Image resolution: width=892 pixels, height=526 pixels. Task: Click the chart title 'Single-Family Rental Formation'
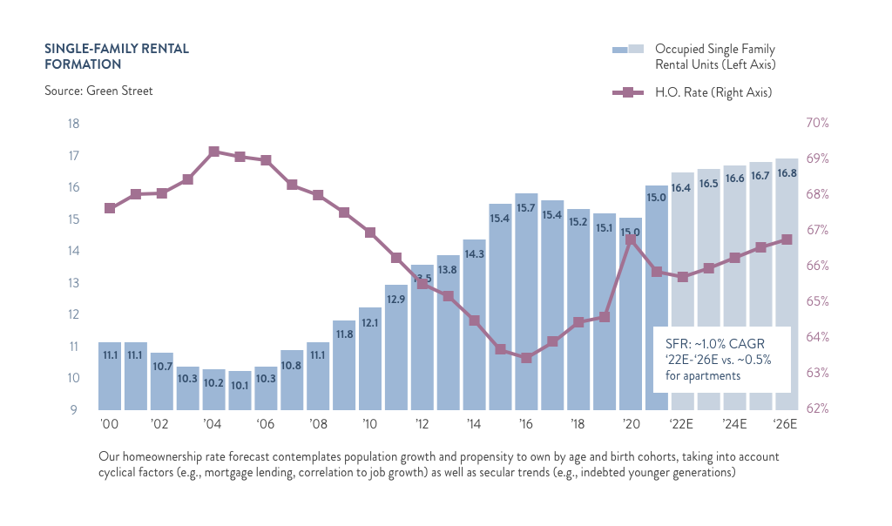click(x=116, y=56)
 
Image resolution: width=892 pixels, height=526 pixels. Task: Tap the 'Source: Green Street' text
click(x=98, y=91)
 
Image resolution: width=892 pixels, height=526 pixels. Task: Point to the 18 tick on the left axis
click(x=73, y=124)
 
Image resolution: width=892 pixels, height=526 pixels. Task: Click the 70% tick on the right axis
click(x=815, y=124)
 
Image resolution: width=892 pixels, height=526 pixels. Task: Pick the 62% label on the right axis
click(x=815, y=408)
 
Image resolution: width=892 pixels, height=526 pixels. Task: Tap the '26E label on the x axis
click(x=786, y=425)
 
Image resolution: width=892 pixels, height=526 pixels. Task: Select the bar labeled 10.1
click(x=240, y=390)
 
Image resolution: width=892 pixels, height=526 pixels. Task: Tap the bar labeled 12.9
click(x=396, y=347)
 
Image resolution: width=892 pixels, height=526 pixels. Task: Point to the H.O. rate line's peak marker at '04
click(x=213, y=152)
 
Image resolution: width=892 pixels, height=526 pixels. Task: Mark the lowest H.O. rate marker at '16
click(x=526, y=358)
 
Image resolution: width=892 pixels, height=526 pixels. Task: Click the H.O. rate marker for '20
click(x=631, y=239)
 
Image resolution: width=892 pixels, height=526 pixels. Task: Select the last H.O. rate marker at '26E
click(x=786, y=239)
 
